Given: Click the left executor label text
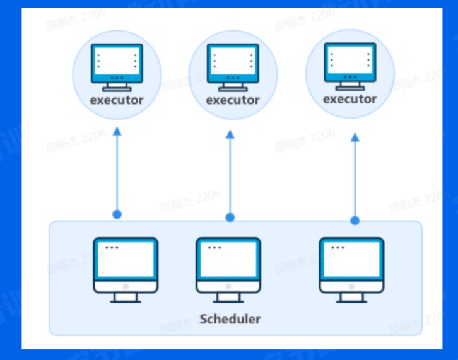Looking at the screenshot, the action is (117, 100).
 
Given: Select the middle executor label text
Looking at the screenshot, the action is (233, 100).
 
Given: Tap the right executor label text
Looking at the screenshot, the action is (349, 99).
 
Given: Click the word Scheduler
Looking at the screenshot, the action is (230, 318).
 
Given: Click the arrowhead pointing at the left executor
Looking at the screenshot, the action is (117, 131).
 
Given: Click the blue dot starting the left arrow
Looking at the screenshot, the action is (117, 214).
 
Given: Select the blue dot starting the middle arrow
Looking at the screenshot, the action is (230, 218).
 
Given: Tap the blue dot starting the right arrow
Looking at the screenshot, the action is (355, 220).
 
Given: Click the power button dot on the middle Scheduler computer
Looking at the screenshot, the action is (228, 286).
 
